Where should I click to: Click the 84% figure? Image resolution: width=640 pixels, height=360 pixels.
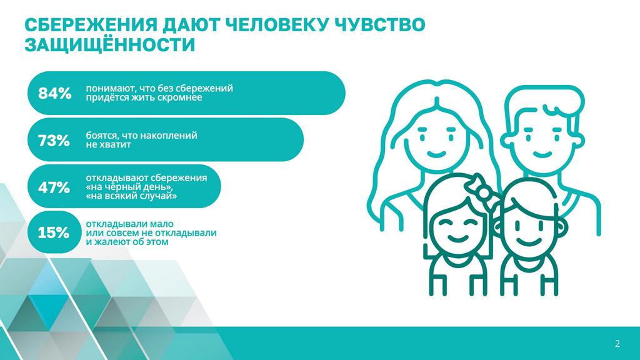(x=55, y=94)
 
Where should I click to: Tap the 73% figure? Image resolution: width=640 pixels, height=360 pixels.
(x=54, y=141)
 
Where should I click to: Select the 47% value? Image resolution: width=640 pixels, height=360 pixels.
(x=54, y=187)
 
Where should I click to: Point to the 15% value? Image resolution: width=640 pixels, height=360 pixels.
(x=54, y=232)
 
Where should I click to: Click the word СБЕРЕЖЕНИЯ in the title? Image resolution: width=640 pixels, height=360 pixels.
(x=90, y=25)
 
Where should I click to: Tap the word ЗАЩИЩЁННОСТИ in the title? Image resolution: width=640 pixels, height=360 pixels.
(x=110, y=45)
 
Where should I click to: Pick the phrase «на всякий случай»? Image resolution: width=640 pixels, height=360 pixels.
(x=131, y=196)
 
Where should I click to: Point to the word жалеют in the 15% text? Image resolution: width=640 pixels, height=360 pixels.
(x=110, y=242)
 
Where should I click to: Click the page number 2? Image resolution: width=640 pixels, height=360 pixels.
(x=617, y=344)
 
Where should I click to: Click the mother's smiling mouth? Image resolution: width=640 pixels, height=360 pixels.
(x=436, y=155)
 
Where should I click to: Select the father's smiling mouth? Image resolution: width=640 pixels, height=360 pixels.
(x=542, y=154)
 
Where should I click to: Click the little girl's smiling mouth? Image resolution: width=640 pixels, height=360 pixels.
(x=457, y=237)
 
